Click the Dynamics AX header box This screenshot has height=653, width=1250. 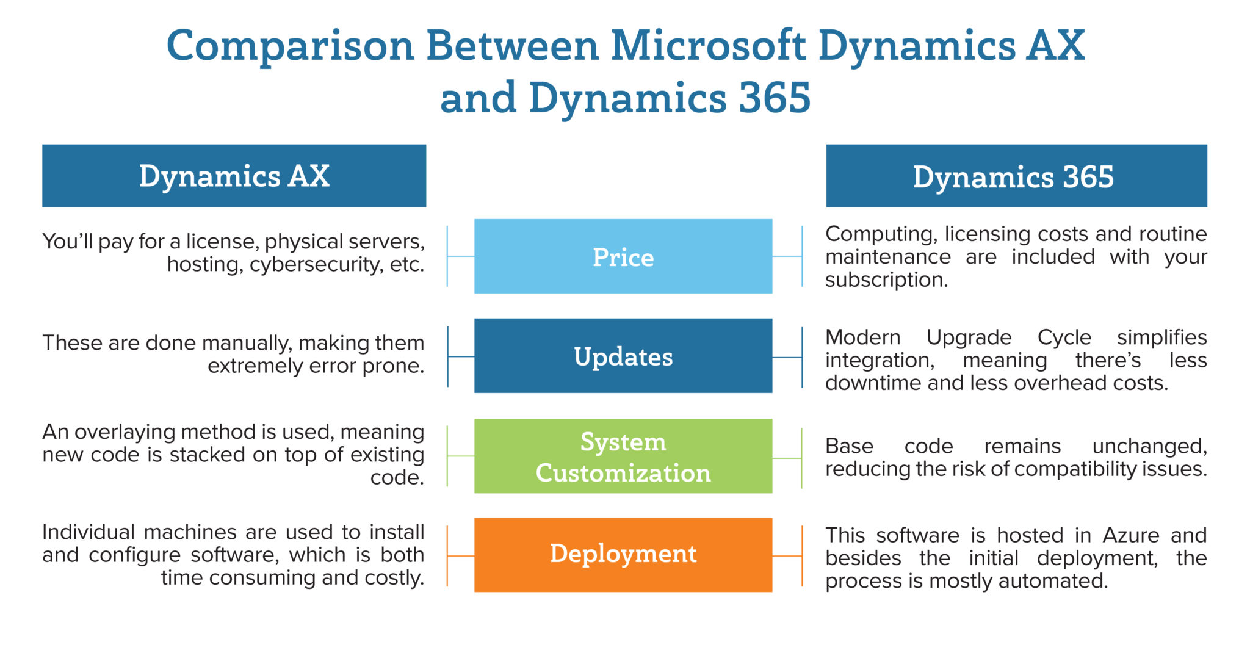coord(234,176)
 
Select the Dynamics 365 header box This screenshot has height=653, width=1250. coord(1016,176)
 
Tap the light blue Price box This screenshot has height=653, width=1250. coord(623,256)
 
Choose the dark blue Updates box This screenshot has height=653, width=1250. coord(623,356)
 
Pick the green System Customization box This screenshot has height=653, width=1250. coord(623,456)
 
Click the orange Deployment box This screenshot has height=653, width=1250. coord(623,555)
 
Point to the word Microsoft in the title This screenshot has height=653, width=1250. coord(708,46)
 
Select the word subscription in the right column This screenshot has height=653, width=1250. coord(886,280)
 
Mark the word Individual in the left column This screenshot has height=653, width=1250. coord(88,532)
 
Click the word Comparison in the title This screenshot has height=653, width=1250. coord(291,46)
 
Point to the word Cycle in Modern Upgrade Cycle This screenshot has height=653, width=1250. coord(1064,337)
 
